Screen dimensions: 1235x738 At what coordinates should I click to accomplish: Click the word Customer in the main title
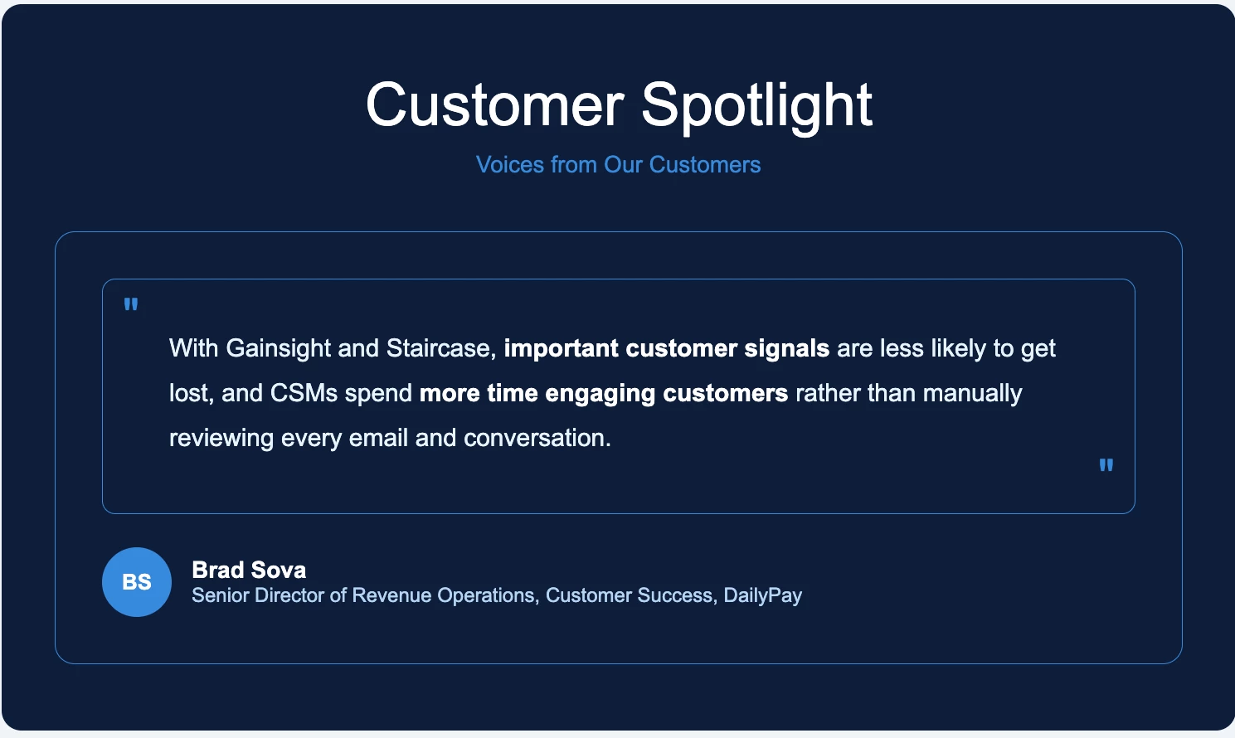click(x=495, y=104)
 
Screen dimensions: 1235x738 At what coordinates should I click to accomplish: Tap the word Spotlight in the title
click(x=757, y=108)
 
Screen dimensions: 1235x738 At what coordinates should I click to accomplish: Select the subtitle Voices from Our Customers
click(x=618, y=164)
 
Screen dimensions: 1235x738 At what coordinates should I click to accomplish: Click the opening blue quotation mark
click(x=131, y=304)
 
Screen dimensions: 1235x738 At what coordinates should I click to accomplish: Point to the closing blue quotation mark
click(x=1106, y=465)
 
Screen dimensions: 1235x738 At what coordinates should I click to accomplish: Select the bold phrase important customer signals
click(x=667, y=349)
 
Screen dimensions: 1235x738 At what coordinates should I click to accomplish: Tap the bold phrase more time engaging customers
click(x=604, y=394)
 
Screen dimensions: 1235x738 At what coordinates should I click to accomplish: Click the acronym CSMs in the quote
click(x=304, y=394)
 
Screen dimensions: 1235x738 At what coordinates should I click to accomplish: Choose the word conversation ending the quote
click(x=537, y=438)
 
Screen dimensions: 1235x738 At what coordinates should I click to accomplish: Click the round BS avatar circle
click(x=137, y=582)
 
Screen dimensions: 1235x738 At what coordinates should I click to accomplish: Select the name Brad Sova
click(x=249, y=570)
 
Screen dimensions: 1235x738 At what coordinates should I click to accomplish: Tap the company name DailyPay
click(x=762, y=596)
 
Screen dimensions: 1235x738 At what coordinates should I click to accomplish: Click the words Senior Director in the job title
click(x=258, y=595)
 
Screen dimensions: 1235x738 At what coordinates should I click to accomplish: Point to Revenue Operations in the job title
click(x=443, y=596)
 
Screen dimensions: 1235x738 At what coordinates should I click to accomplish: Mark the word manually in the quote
click(x=973, y=394)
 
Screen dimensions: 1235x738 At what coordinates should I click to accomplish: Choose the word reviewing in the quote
click(x=221, y=439)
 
